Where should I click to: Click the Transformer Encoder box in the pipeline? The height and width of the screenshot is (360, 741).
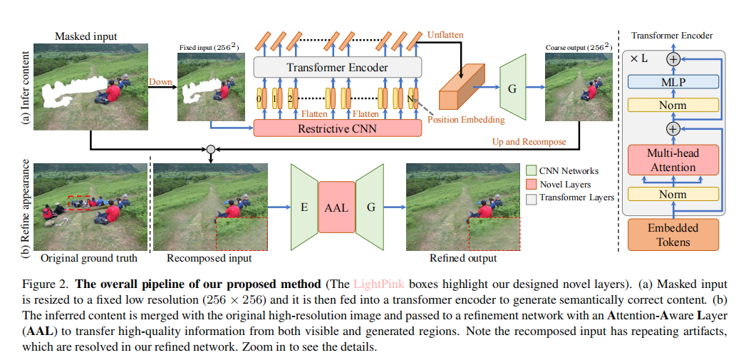[x=338, y=68]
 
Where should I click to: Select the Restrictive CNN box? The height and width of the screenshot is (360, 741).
[x=338, y=129]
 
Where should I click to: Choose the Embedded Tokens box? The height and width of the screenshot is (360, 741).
[x=673, y=235]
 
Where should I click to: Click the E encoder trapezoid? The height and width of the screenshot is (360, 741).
[x=304, y=207]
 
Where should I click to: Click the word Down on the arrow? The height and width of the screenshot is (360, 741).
[x=160, y=82]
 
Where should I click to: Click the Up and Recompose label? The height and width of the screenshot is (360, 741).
[x=529, y=142]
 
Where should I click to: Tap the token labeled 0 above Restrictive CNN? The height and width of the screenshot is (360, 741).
[x=260, y=98]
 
